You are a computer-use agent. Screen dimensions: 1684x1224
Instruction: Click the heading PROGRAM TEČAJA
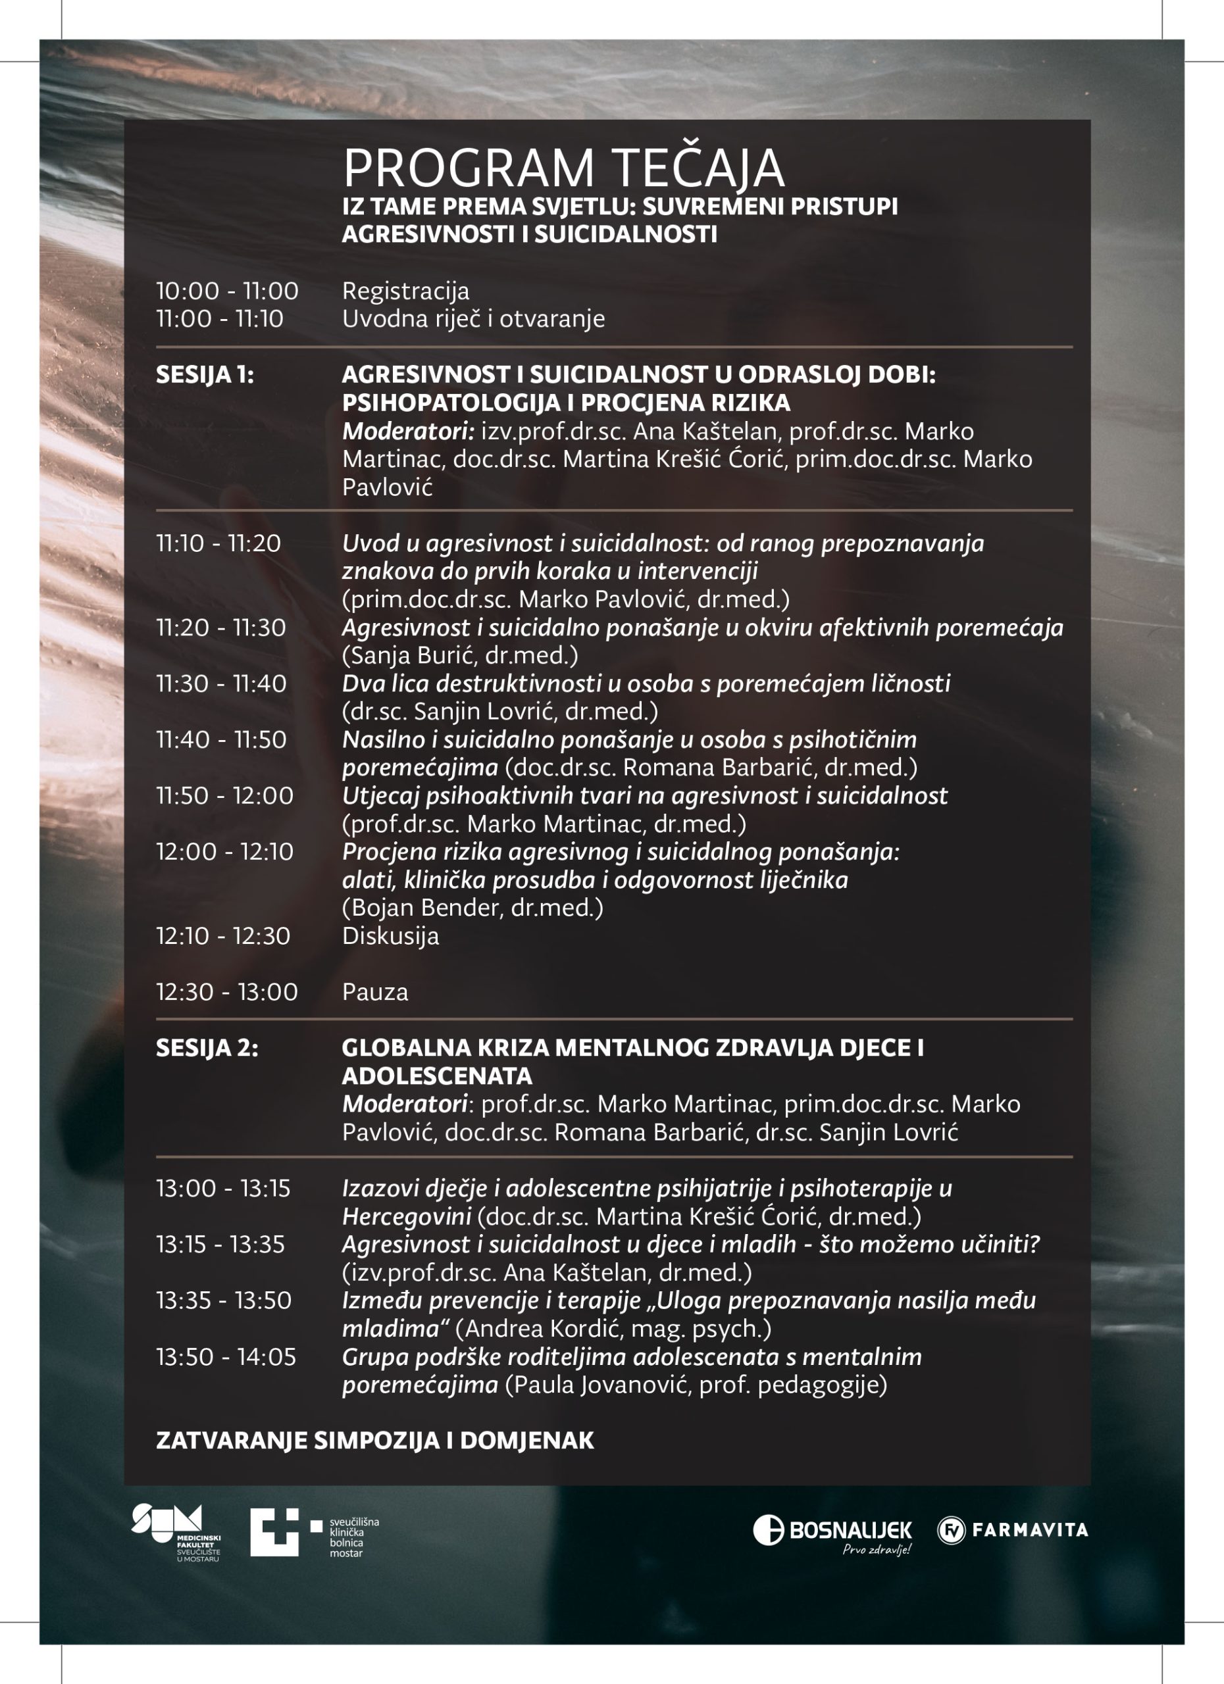pyautogui.click(x=563, y=168)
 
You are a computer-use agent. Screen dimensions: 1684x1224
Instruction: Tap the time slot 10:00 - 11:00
pyautogui.click(x=227, y=291)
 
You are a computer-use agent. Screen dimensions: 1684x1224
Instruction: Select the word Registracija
pyautogui.click(x=405, y=291)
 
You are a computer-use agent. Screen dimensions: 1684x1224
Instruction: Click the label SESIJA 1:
pyautogui.click(x=205, y=375)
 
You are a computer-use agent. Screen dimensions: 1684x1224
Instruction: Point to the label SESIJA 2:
pyautogui.click(x=207, y=1048)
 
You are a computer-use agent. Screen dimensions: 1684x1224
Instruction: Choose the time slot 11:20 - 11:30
pyautogui.click(x=220, y=628)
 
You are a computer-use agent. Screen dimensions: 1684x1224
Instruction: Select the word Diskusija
pyautogui.click(x=391, y=935)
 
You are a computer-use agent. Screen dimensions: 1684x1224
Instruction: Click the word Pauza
pyautogui.click(x=375, y=992)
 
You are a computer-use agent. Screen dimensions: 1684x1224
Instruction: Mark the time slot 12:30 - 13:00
pyautogui.click(x=226, y=992)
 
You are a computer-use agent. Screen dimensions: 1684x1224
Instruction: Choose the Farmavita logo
pyautogui.click(x=1012, y=1529)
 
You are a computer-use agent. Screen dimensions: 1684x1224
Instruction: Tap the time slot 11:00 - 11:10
pyautogui.click(x=220, y=319)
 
